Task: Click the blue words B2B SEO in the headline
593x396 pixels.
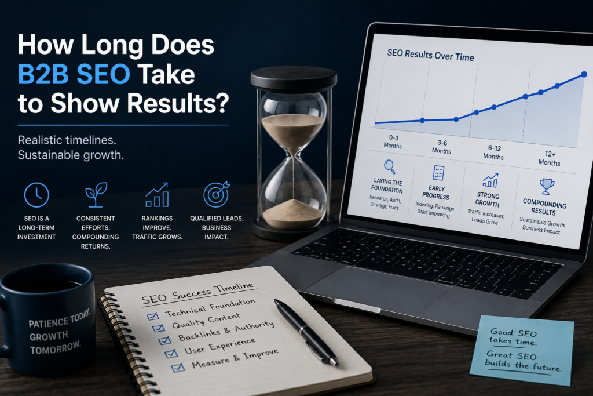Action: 74,74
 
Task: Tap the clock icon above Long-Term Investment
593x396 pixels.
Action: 36,195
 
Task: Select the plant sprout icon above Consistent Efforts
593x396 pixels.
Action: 96,195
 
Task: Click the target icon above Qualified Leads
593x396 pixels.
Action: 217,194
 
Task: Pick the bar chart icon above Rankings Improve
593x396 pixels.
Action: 157,195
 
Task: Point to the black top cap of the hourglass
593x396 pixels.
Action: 294,78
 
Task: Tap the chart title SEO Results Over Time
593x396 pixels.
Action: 430,55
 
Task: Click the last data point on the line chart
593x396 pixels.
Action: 584,74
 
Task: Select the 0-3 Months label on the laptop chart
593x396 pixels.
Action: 393,141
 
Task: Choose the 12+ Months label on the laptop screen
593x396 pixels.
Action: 550,159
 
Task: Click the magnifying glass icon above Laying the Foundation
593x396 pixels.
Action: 390,166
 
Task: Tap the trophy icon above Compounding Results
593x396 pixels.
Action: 547,186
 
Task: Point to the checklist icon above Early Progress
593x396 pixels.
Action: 438,173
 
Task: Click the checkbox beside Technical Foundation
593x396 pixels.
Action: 152,315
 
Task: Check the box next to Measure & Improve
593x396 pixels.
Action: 178,367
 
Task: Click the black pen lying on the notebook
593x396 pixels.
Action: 306,332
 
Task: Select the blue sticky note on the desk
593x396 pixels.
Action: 522,350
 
